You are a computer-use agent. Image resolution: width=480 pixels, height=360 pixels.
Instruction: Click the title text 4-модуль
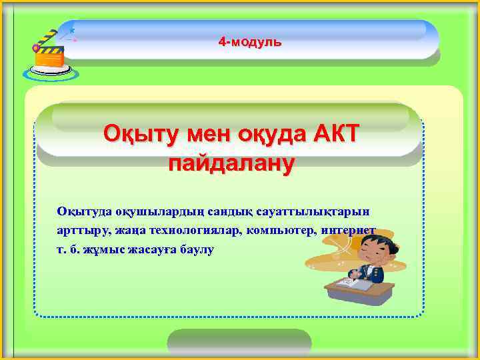click(x=250, y=42)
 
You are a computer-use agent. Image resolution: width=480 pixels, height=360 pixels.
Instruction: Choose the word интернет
click(x=349, y=231)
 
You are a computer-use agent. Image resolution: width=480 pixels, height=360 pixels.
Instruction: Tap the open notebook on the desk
click(x=351, y=285)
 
